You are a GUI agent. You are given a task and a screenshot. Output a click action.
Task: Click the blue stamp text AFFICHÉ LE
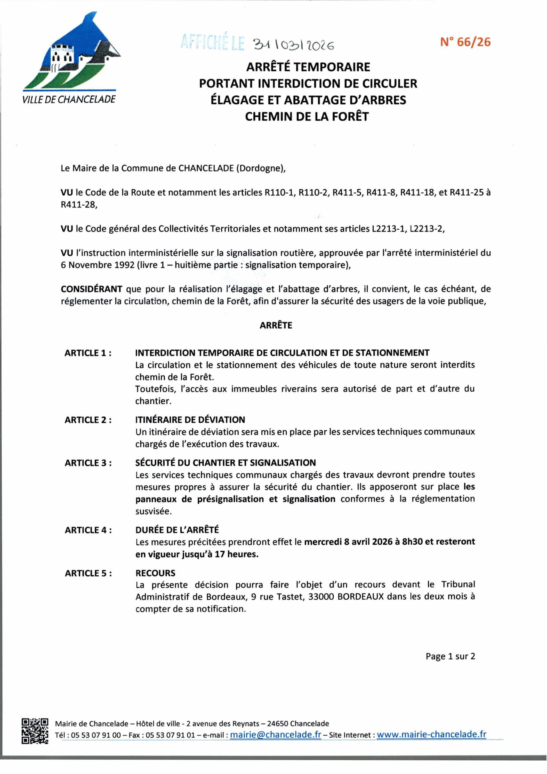(x=212, y=43)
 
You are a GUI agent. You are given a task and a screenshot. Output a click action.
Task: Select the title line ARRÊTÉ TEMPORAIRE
(x=308, y=67)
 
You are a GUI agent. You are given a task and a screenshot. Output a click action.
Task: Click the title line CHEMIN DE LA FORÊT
(x=307, y=116)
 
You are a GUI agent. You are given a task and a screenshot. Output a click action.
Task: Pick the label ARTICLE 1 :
(x=88, y=353)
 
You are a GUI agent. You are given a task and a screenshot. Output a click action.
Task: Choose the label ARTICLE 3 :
(x=88, y=463)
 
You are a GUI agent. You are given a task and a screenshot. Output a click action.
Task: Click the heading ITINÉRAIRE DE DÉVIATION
(x=190, y=420)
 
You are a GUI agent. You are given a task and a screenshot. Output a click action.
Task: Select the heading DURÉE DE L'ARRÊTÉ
(x=177, y=530)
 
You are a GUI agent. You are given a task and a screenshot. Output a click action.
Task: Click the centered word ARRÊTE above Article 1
(x=276, y=325)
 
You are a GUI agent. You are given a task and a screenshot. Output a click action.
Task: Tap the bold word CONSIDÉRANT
(x=91, y=289)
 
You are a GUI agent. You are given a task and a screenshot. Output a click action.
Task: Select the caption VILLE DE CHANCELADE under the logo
(x=69, y=99)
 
